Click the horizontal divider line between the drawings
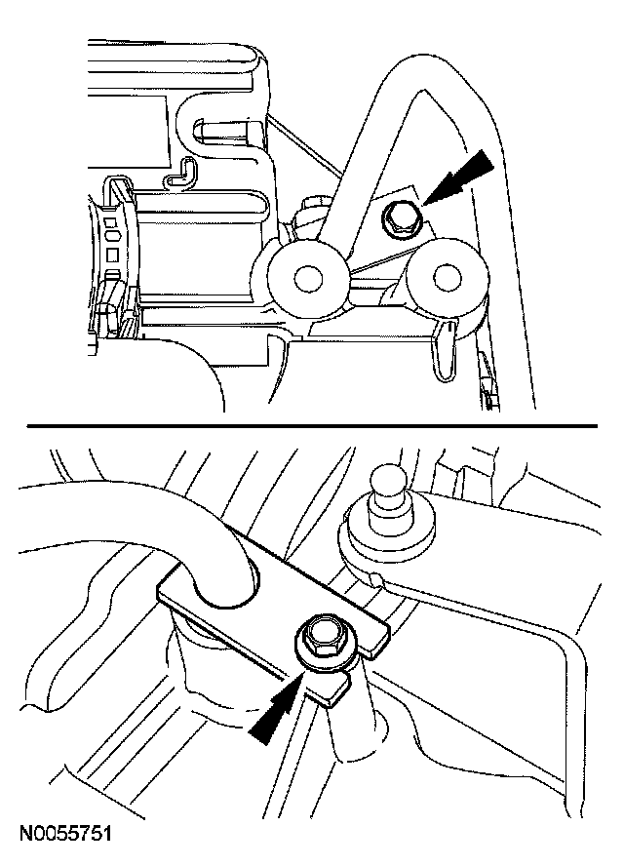click(x=312, y=426)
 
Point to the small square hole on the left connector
click(x=113, y=256)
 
